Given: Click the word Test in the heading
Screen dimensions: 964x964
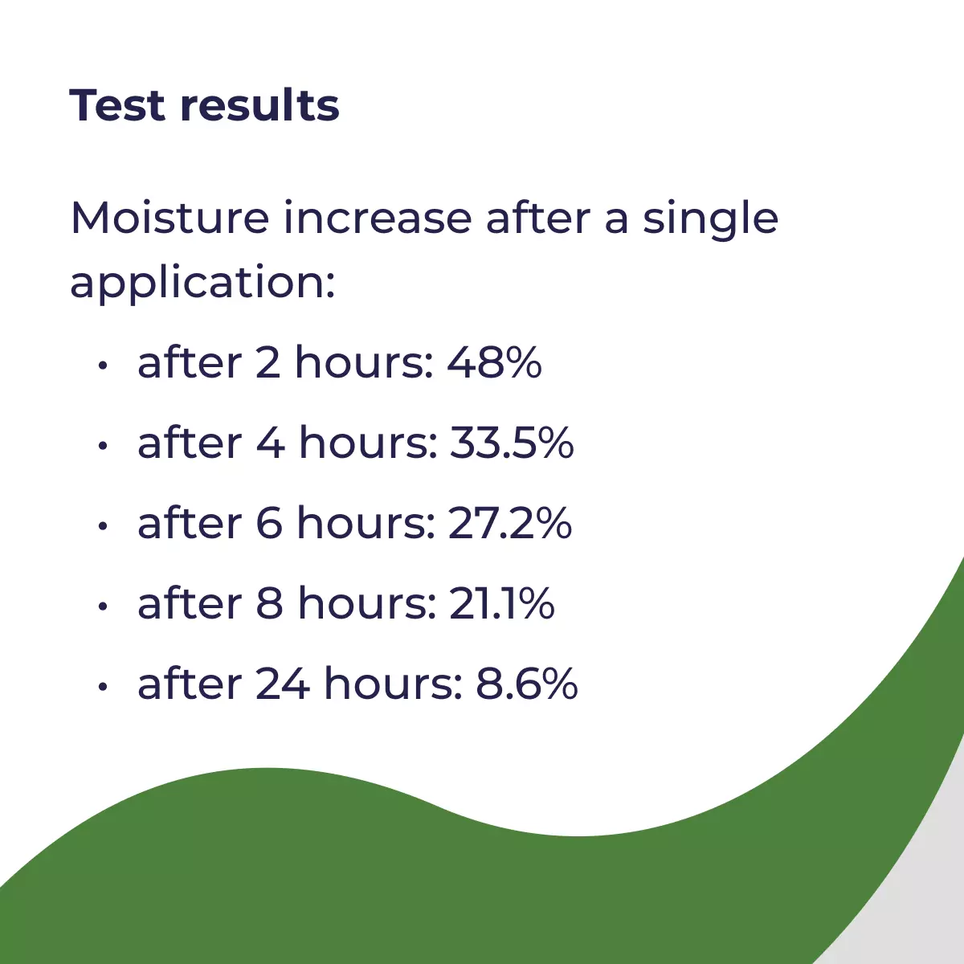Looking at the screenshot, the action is [x=117, y=105].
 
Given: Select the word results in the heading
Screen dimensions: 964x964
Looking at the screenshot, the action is [x=259, y=104].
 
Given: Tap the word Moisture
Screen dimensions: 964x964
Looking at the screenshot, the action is [x=170, y=218].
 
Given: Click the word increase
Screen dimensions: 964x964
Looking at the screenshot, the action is [x=378, y=218].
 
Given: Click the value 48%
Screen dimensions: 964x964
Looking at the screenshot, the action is [x=494, y=361].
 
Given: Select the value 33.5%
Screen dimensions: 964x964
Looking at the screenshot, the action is [x=512, y=442].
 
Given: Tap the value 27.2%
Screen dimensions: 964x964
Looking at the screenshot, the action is [x=510, y=523].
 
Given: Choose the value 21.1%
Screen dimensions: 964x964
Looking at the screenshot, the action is [x=502, y=603].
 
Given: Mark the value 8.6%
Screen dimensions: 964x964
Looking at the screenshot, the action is [x=527, y=684].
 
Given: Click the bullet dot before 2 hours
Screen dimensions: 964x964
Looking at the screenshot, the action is [x=103, y=366].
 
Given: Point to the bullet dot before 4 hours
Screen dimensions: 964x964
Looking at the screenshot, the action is [x=103, y=446].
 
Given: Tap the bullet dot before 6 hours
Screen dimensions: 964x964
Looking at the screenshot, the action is [x=103, y=527].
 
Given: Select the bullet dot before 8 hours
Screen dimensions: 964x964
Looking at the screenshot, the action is [x=103, y=607].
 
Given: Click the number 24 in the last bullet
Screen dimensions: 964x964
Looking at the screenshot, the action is [x=283, y=684].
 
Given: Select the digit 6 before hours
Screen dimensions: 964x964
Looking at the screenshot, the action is [x=269, y=523].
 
